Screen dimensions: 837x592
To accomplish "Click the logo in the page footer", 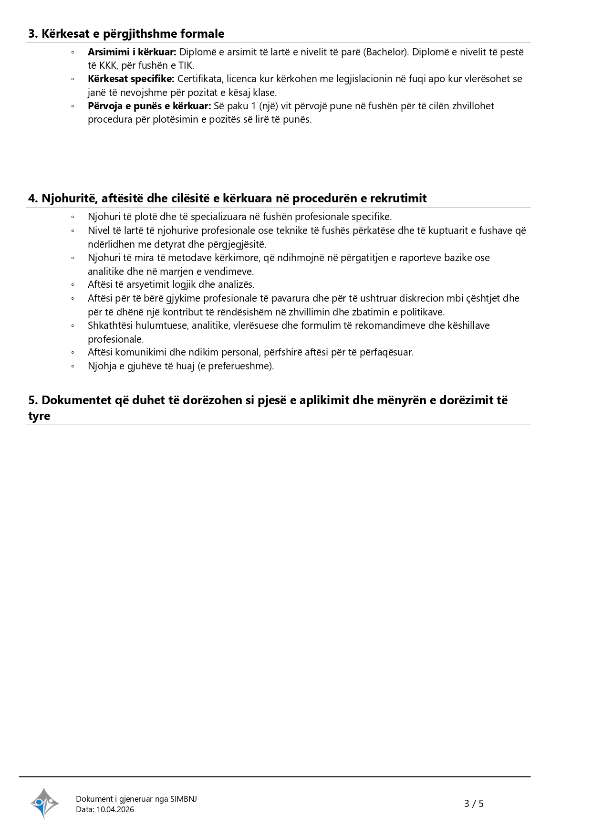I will [x=44, y=803].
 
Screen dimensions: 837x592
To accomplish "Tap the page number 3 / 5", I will [x=474, y=804].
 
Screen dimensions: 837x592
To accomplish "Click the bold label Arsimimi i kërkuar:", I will [x=132, y=52].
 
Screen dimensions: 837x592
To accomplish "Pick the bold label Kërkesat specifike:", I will [x=131, y=79].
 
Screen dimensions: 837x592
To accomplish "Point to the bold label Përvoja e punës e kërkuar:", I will [x=149, y=106].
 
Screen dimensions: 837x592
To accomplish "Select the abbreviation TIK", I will [x=186, y=65].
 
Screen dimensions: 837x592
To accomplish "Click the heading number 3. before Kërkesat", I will [x=33, y=34].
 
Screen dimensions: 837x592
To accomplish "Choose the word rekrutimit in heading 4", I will [x=398, y=199].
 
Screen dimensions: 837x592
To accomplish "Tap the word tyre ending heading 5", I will [x=39, y=416].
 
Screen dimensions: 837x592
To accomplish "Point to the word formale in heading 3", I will [x=203, y=34].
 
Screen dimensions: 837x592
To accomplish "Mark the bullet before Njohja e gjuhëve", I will [x=73, y=366].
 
